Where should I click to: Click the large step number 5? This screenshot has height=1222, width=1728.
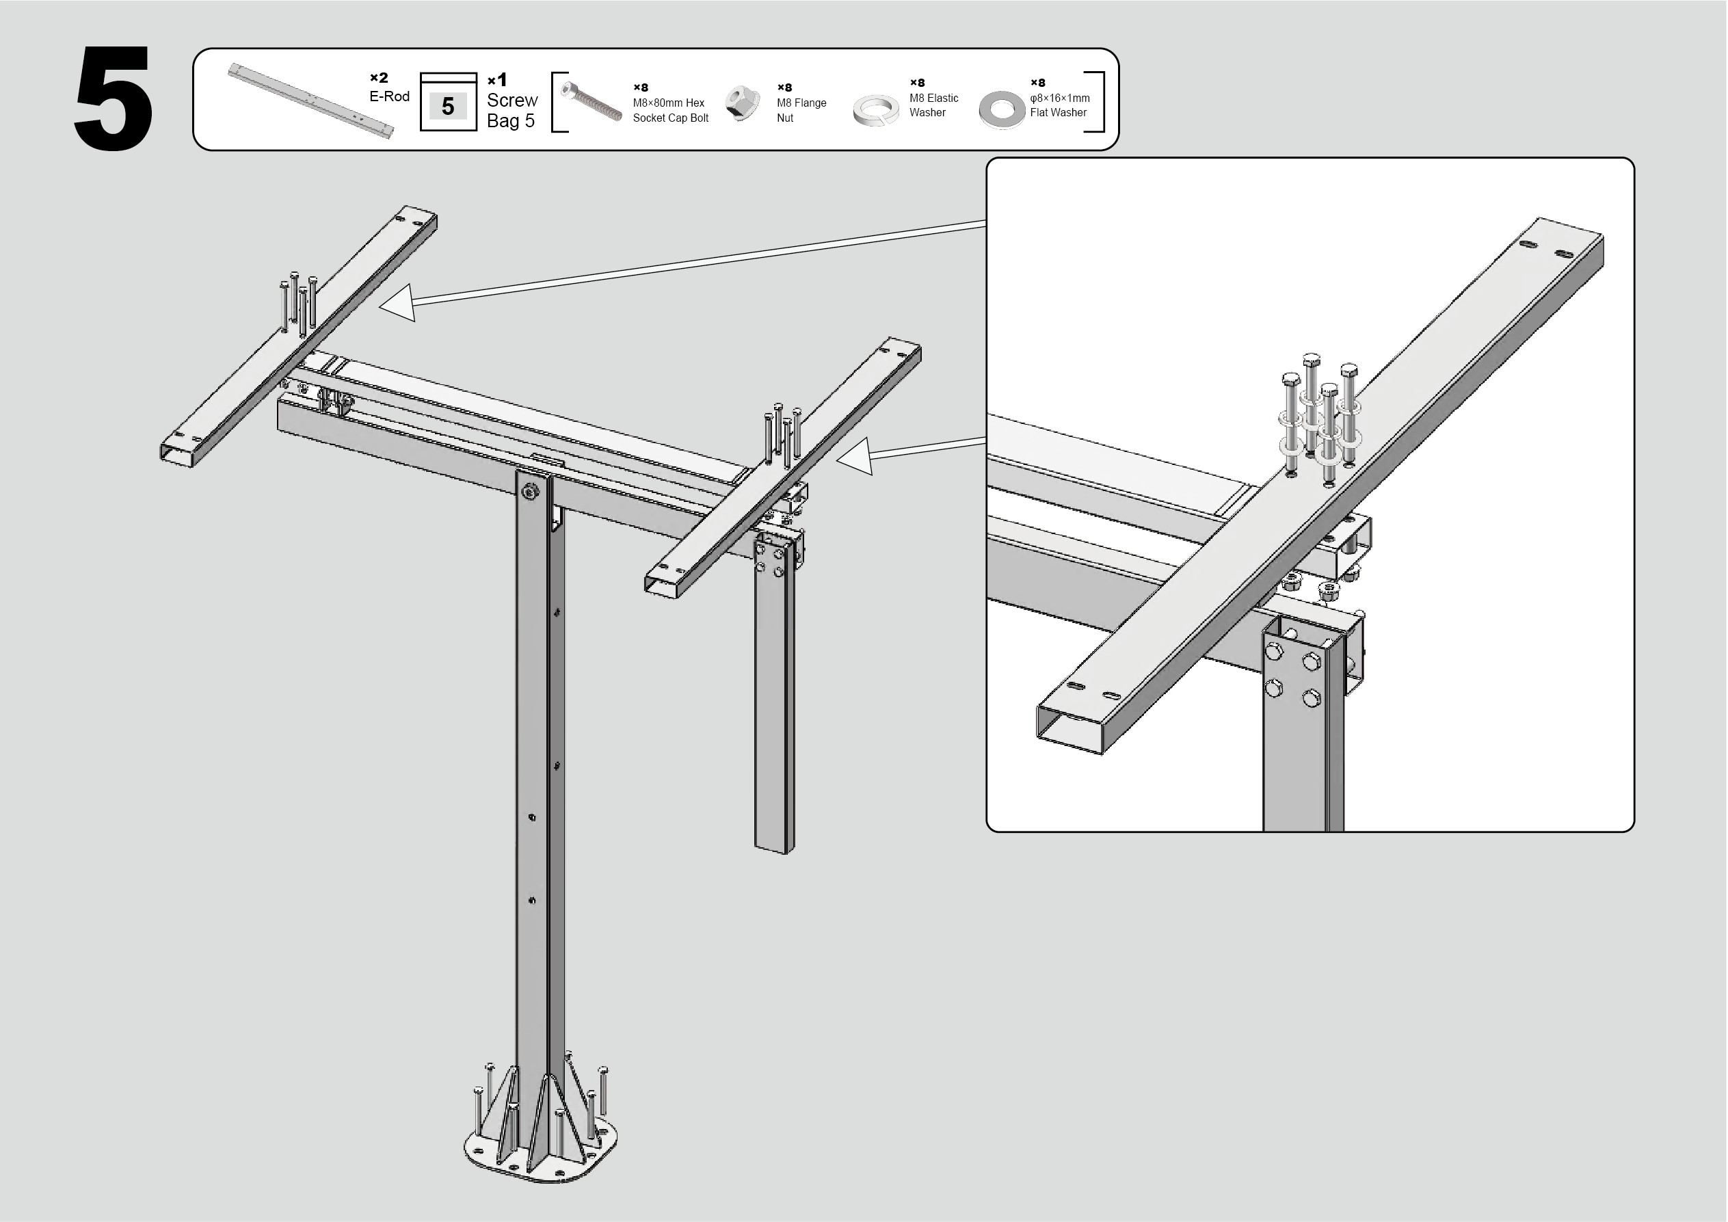pyautogui.click(x=114, y=98)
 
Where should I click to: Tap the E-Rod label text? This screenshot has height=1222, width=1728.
pyautogui.click(x=389, y=96)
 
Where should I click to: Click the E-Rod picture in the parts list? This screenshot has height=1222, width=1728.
pyautogui.click(x=310, y=101)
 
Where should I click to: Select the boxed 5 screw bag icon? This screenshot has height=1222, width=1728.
pyautogui.click(x=448, y=103)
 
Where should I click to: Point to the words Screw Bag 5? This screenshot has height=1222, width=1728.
pyautogui.click(x=511, y=111)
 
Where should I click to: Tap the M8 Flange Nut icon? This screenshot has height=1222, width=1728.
pyautogui.click(x=742, y=104)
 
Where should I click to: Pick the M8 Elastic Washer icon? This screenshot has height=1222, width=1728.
pyautogui.click(x=876, y=110)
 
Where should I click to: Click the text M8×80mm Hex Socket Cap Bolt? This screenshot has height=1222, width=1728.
pyautogui.click(x=671, y=111)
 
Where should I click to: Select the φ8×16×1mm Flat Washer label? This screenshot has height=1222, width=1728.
pyautogui.click(x=1060, y=105)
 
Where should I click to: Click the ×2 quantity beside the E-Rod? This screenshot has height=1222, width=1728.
pyautogui.click(x=379, y=77)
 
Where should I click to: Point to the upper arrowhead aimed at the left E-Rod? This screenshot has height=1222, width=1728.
pyautogui.click(x=398, y=303)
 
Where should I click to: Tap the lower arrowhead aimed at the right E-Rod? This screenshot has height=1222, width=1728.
pyautogui.click(x=856, y=456)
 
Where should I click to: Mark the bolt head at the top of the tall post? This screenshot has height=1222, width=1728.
pyautogui.click(x=531, y=493)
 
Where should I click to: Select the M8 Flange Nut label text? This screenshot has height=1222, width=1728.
pyautogui.click(x=801, y=111)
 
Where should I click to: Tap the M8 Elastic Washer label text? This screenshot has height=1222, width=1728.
pyautogui.click(x=934, y=105)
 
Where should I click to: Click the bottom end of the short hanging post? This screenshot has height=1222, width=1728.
pyautogui.click(x=775, y=849)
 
